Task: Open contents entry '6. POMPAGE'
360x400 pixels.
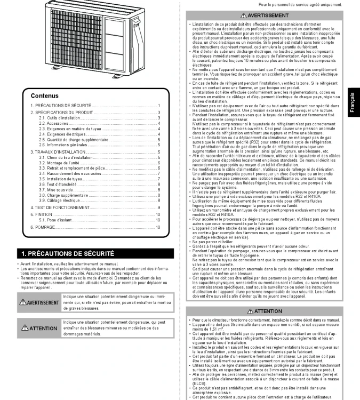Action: [x=43, y=227]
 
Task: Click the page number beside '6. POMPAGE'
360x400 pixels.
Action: [x=158, y=227]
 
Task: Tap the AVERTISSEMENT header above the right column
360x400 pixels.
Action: [x=264, y=16]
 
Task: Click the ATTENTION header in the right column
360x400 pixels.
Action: [x=265, y=311]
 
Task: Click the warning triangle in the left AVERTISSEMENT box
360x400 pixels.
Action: [x=22, y=302]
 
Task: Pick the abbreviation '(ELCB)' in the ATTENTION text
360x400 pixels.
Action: [x=200, y=372]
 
